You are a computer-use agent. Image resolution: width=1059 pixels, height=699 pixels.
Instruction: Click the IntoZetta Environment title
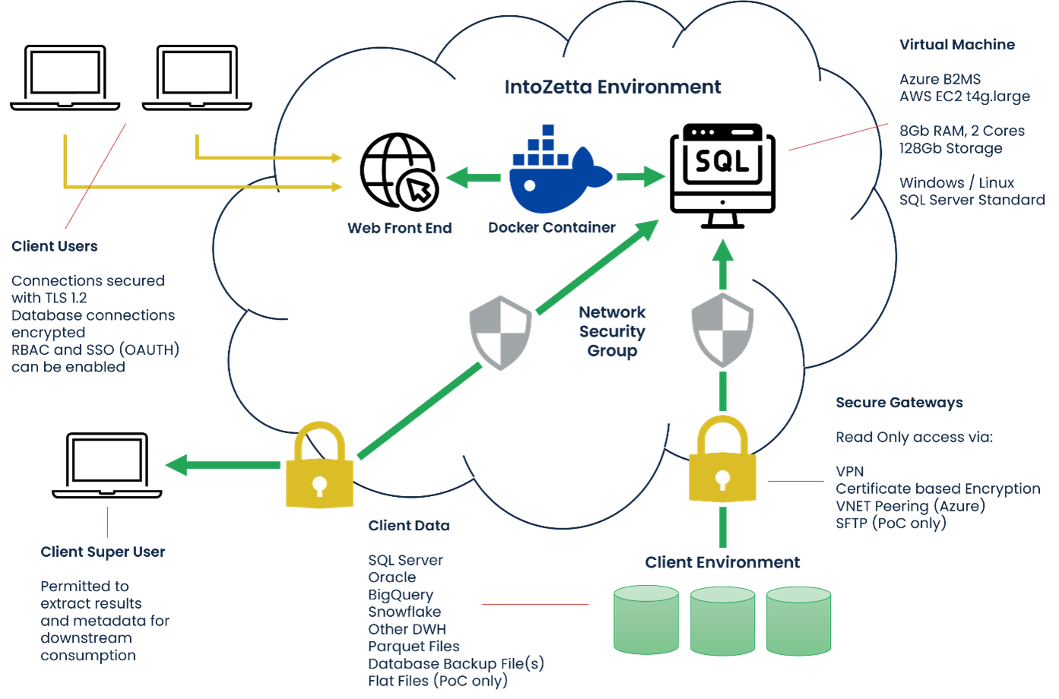613,87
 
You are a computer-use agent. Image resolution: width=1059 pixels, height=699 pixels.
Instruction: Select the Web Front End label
399,228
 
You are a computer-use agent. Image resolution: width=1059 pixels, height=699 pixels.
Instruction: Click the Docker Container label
552,227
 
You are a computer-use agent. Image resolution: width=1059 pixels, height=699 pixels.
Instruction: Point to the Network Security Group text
612,331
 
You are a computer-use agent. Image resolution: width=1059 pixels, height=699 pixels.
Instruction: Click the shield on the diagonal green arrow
500,333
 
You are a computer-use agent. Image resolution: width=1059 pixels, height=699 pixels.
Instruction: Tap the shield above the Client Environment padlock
722,330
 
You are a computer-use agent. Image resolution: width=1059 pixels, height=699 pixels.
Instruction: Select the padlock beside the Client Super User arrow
319,465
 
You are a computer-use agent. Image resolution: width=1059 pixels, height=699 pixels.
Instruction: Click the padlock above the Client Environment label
722,459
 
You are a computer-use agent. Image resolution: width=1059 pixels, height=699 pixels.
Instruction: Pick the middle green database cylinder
722,619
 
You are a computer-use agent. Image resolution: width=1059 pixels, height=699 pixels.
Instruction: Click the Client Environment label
722,562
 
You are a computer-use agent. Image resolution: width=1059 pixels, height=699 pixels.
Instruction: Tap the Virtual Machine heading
956,45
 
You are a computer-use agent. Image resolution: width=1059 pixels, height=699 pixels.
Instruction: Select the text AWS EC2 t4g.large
964,96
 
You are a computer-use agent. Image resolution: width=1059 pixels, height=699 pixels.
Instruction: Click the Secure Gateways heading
899,403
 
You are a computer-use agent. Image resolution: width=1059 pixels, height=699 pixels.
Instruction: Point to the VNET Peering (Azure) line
910,506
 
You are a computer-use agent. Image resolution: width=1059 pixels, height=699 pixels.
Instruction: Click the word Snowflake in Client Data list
404,612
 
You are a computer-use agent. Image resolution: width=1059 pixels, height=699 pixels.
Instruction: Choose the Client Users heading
54,246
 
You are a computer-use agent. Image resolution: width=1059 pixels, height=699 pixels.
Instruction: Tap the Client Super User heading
103,552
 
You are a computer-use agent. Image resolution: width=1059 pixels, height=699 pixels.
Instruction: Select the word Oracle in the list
392,577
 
